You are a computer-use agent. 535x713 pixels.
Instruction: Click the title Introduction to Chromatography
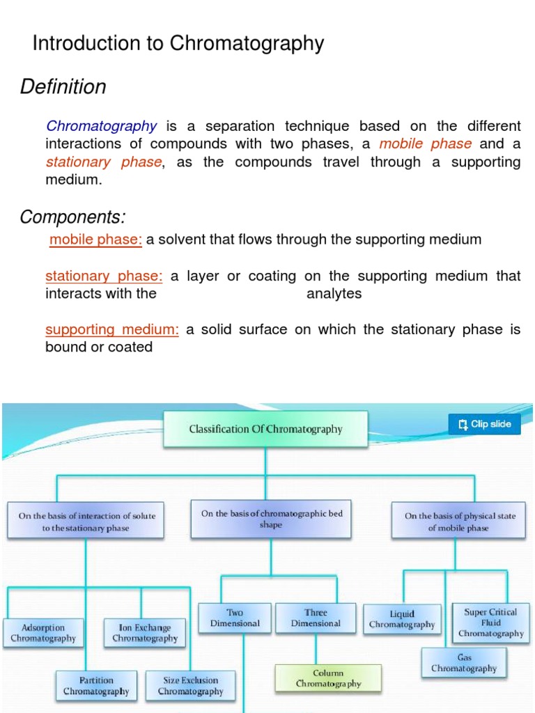pyautogui.click(x=178, y=44)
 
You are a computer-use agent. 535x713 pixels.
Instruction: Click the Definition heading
pyautogui.click(x=63, y=87)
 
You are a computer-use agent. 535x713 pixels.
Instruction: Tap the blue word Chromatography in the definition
pyautogui.click(x=102, y=126)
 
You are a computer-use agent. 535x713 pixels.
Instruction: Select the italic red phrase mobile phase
pyautogui.click(x=426, y=144)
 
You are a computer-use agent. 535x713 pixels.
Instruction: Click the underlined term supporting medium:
pyautogui.click(x=112, y=329)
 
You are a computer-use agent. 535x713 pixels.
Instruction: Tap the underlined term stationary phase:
pyautogui.click(x=104, y=276)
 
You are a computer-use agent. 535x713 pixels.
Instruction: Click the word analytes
pyautogui.click(x=334, y=294)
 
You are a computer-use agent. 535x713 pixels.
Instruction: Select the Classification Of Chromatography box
pyautogui.click(x=265, y=429)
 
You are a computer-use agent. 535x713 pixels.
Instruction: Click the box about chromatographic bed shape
pyautogui.click(x=272, y=519)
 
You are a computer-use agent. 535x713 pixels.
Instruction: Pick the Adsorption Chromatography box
pyautogui.click(x=43, y=633)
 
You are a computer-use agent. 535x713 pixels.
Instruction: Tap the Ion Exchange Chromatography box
pyautogui.click(x=145, y=633)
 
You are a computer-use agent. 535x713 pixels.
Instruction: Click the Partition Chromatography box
pyautogui.click(x=96, y=686)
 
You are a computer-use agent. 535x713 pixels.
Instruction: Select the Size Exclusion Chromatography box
pyautogui.click(x=190, y=686)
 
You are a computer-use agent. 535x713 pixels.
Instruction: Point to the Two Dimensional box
pyautogui.click(x=235, y=618)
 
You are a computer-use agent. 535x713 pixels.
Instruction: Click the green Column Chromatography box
pyautogui.click(x=329, y=679)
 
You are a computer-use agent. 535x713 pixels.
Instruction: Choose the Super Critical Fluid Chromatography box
pyautogui.click(x=490, y=622)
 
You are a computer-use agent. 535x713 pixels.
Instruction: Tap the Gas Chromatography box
pyautogui.click(x=463, y=663)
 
